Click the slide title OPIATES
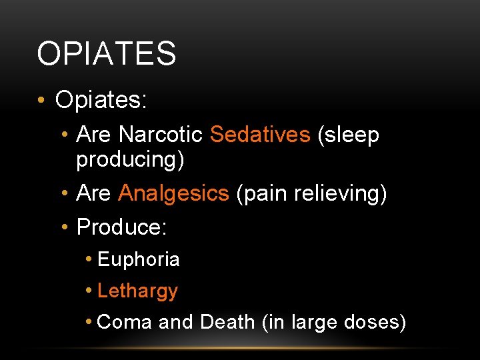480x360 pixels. [107, 54]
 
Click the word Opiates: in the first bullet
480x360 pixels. [101, 100]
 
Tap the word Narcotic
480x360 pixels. [160, 135]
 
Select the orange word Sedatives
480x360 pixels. [260, 135]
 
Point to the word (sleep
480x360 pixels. [349, 135]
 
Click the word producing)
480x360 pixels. [130, 160]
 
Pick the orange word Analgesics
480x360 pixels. [173, 193]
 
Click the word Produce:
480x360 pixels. [122, 227]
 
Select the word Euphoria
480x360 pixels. [139, 259]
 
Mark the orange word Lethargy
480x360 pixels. [137, 291]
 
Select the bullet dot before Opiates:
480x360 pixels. [41, 101]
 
